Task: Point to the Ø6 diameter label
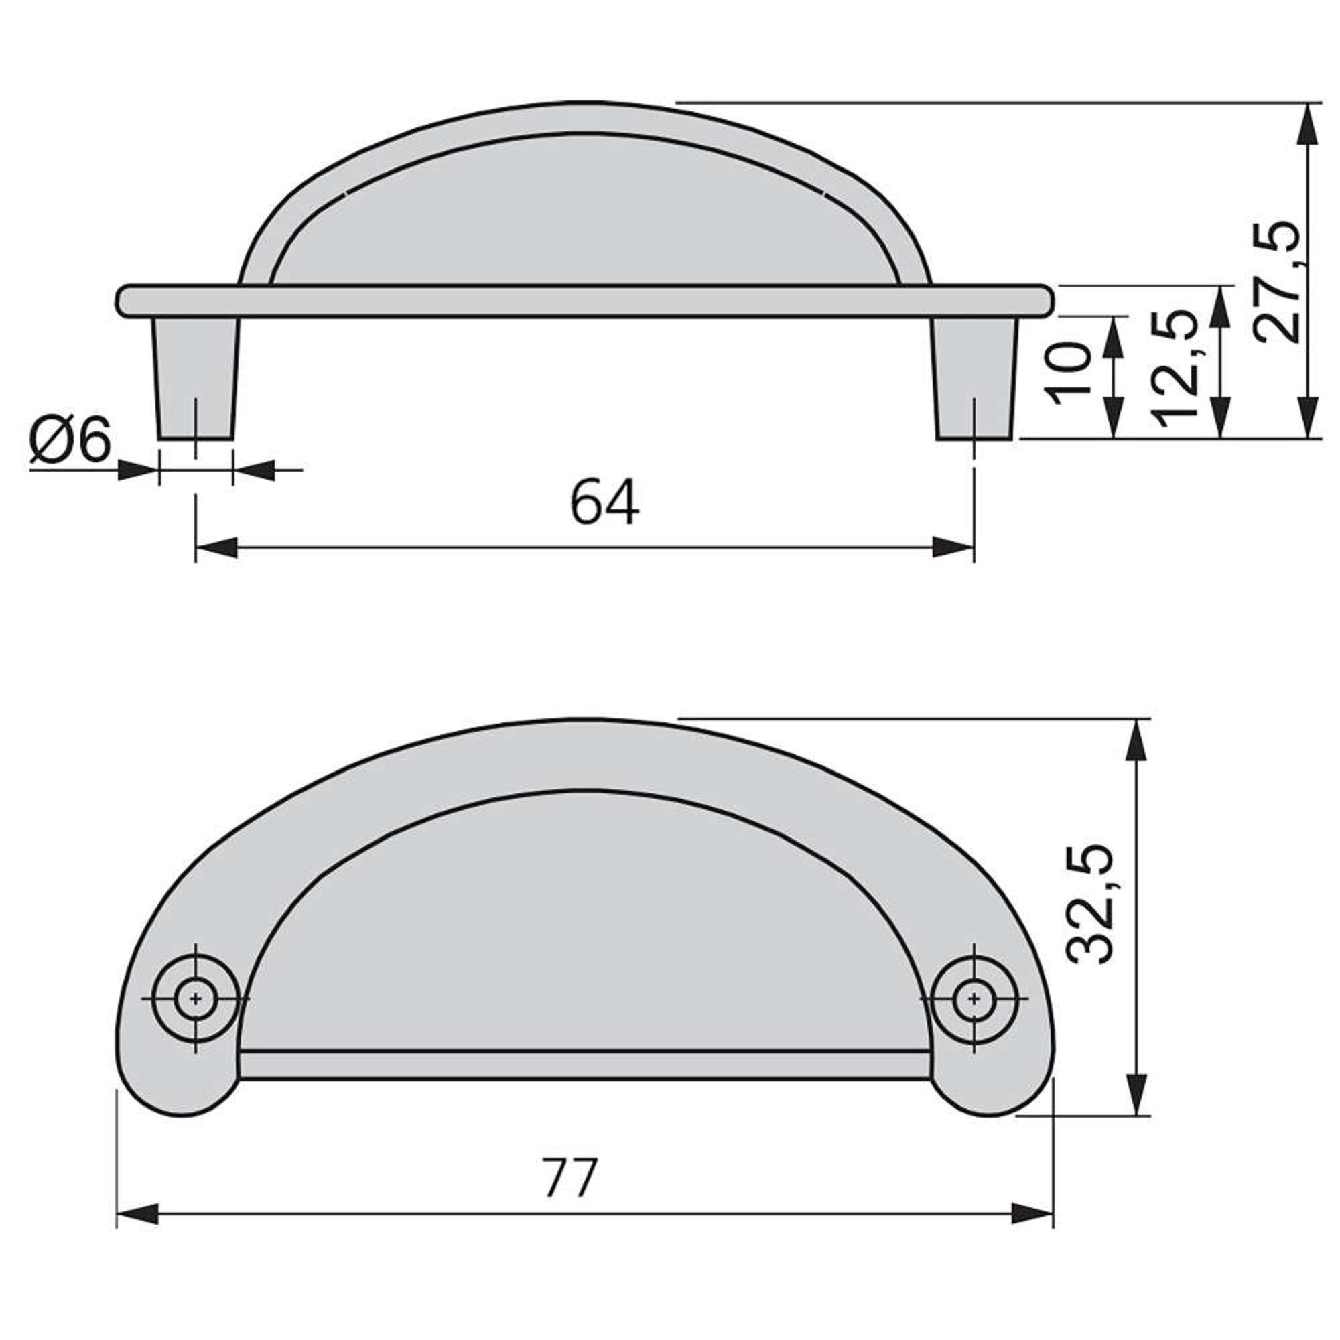70,442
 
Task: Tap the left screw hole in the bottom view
196,1000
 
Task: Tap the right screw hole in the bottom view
974,1000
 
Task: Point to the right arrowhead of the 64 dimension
953,547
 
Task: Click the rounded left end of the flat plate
123,301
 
